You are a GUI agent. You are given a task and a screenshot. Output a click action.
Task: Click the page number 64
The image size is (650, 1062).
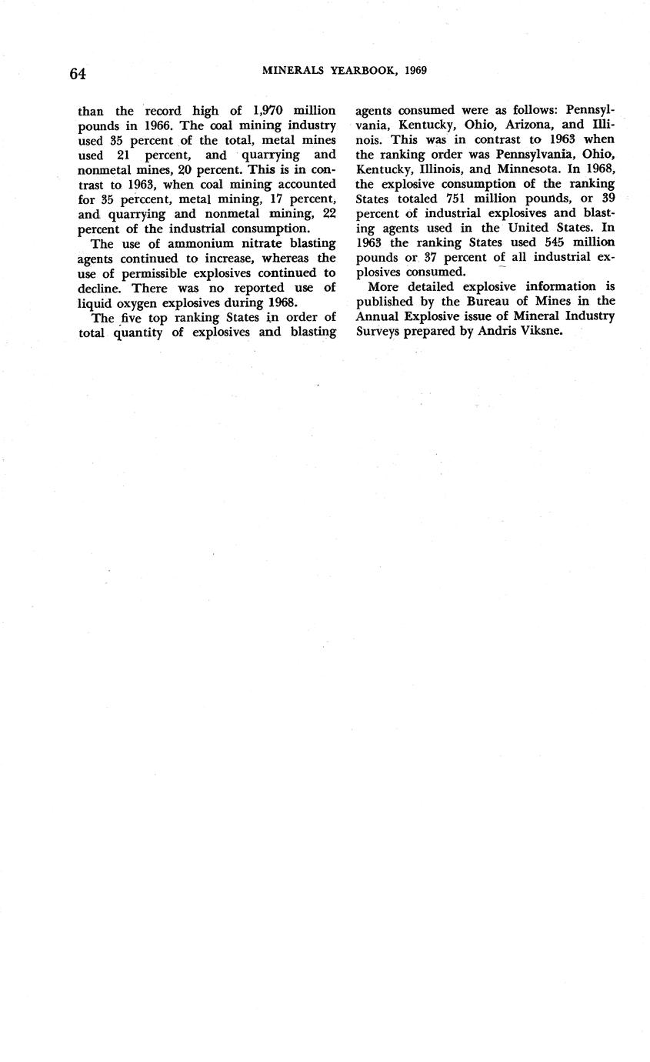pos(77,74)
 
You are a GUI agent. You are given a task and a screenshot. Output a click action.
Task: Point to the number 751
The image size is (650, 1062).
pos(458,199)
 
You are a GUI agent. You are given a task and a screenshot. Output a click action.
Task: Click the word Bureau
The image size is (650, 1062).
pos(482,301)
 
